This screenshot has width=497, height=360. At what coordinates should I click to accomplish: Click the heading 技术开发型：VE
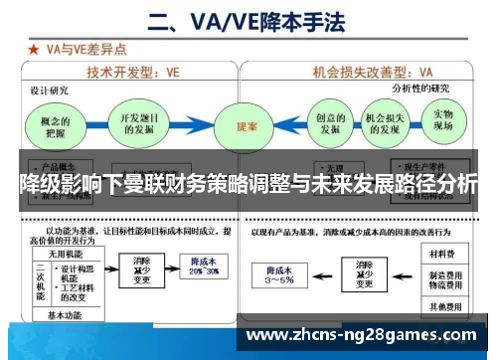(133, 72)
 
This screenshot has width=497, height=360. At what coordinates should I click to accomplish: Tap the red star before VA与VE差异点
(34, 48)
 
